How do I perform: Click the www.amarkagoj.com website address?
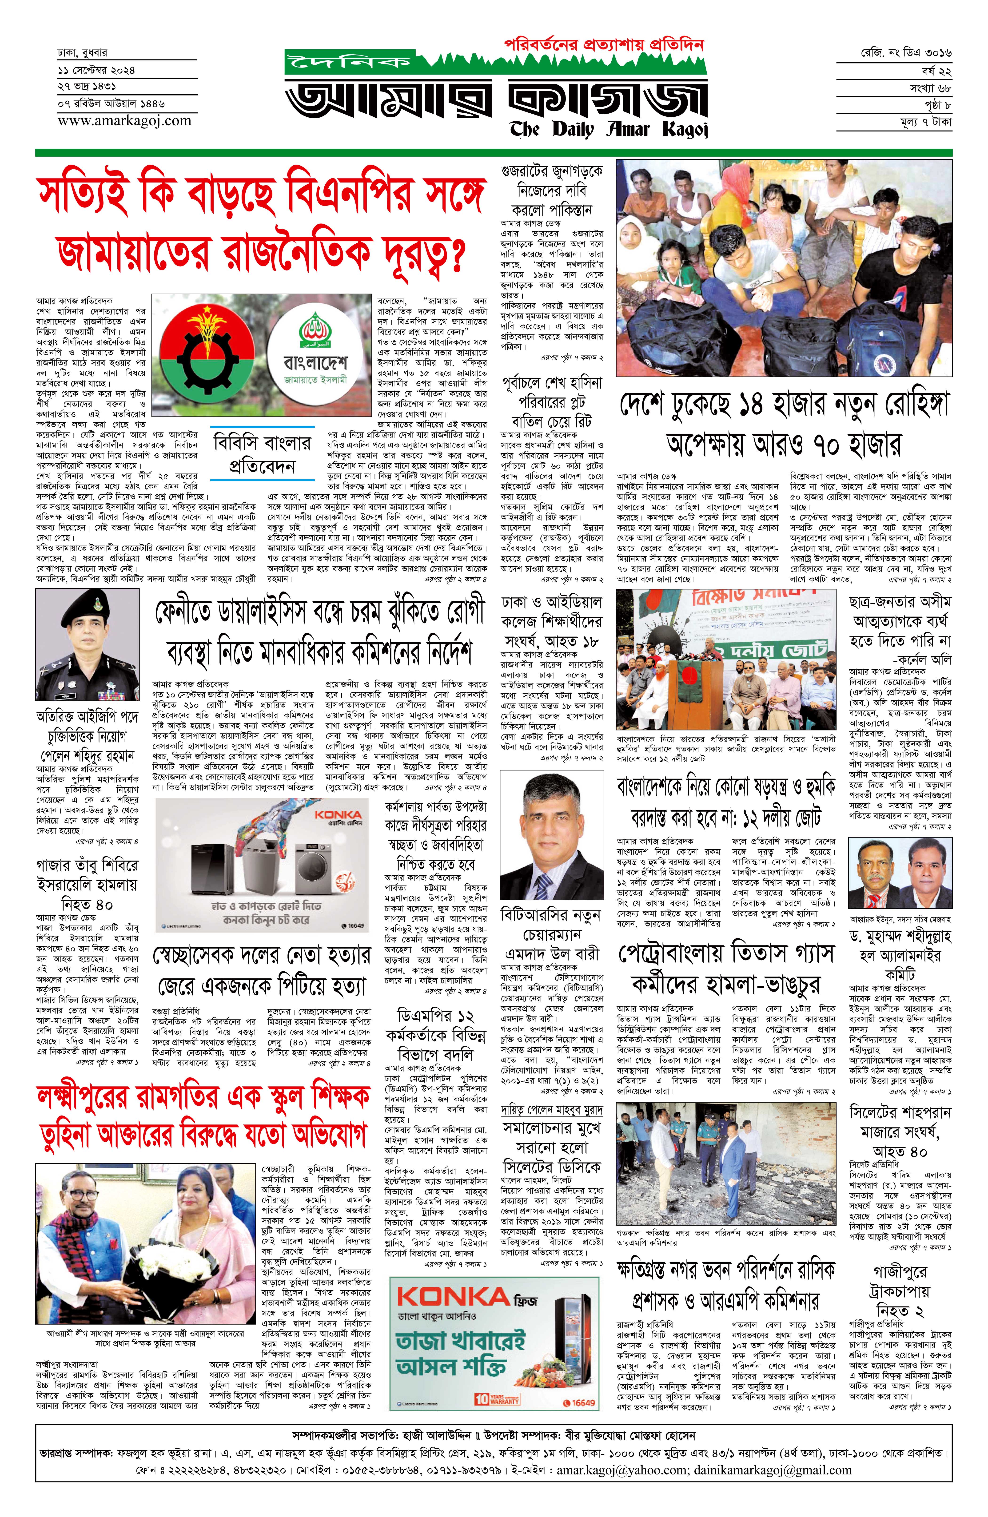124,120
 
